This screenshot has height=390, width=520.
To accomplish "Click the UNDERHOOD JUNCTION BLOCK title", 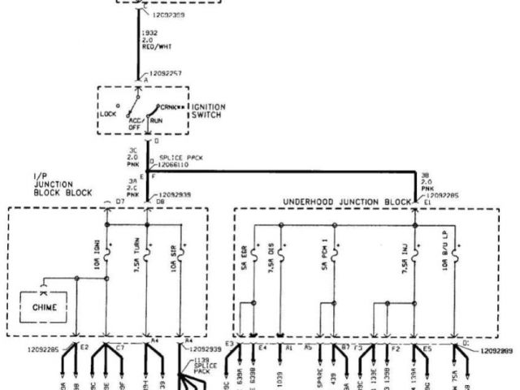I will click(347, 201).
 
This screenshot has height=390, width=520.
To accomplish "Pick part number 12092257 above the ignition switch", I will click(166, 73).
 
